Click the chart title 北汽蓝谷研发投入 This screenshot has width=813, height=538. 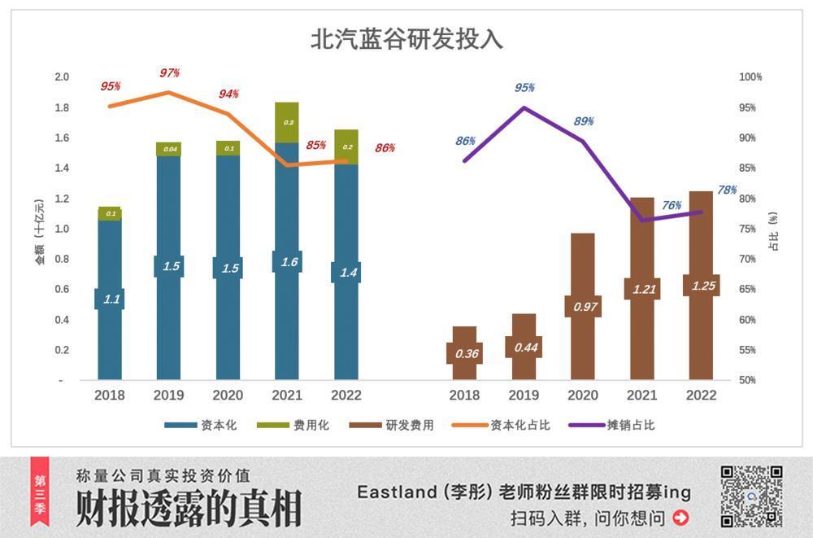click(406, 39)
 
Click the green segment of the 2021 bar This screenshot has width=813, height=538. click(287, 123)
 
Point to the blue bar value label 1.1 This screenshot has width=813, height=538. click(111, 299)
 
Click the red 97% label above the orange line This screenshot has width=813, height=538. click(169, 73)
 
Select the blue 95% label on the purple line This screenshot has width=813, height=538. click(524, 88)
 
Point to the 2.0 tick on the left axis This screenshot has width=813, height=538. click(62, 77)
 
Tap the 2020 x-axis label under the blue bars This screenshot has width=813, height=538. click(228, 396)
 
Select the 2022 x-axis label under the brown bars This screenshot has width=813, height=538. click(701, 396)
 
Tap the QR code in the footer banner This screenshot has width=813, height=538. click(751, 496)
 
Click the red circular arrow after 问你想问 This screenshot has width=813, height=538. click(681, 517)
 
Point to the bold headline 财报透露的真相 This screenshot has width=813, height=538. click(189, 508)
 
